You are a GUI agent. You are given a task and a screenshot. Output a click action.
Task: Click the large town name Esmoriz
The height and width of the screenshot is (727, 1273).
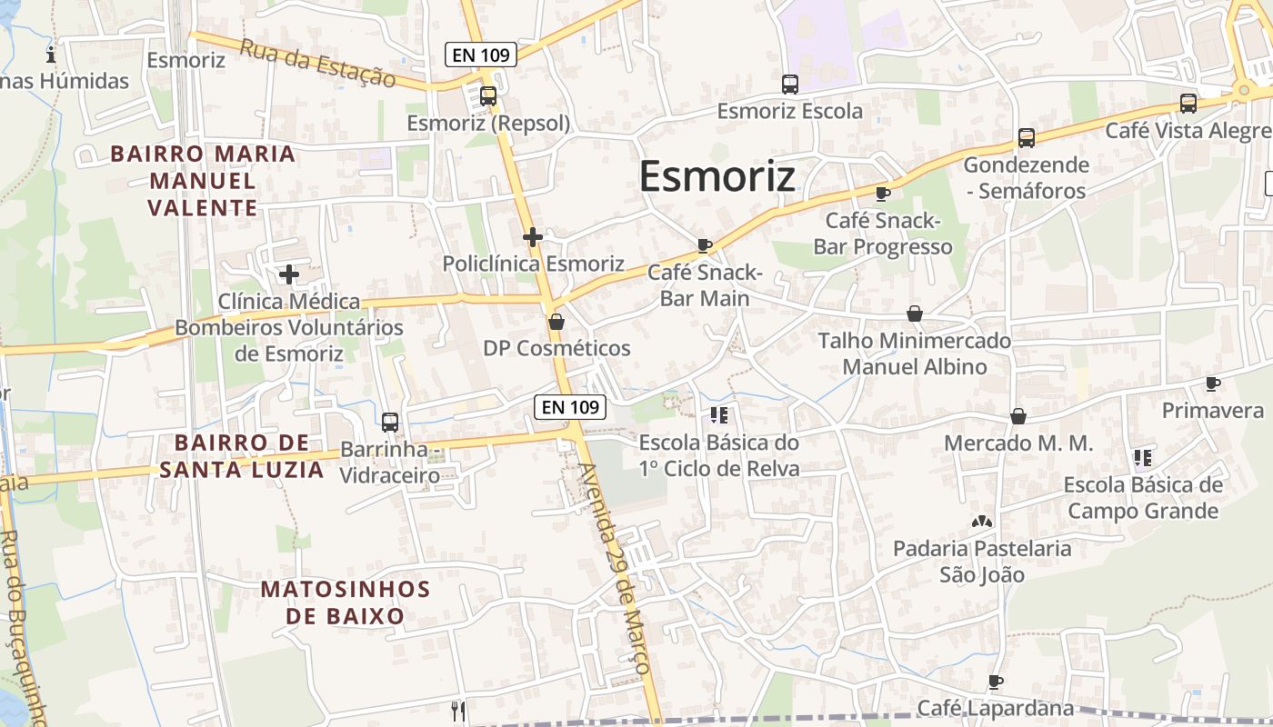point(717,176)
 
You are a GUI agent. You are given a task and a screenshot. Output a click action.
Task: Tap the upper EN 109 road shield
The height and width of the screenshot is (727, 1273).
point(481,55)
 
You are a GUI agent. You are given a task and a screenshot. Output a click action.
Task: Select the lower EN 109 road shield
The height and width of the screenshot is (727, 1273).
point(570,407)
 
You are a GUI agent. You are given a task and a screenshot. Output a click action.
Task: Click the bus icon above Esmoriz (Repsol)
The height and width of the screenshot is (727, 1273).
point(488,95)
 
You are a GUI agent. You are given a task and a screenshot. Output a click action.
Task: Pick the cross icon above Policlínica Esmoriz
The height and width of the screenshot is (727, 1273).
point(533,237)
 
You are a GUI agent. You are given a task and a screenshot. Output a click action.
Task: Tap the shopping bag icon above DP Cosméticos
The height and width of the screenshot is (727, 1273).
point(556,322)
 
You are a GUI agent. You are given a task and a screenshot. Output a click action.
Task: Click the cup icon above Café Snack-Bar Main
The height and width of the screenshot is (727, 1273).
point(704,245)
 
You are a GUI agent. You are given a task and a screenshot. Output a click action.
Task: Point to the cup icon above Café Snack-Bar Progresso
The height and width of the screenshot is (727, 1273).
point(882,194)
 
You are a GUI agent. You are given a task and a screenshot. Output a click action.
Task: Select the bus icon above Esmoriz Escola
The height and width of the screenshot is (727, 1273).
point(790,85)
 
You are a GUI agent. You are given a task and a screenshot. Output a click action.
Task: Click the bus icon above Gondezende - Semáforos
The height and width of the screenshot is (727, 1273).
point(1027,138)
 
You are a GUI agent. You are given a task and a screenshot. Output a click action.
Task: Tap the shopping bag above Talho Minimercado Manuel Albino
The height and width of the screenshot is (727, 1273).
point(915,314)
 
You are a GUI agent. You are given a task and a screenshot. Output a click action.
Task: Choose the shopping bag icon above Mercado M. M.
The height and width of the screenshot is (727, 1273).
point(1018,416)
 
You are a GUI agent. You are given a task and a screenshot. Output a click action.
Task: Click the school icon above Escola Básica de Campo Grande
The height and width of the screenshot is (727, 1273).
point(1143,457)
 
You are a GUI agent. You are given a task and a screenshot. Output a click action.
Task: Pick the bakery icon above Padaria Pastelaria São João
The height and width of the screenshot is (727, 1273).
point(980,523)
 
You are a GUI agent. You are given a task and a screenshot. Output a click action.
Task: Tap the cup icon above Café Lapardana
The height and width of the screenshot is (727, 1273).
point(996,682)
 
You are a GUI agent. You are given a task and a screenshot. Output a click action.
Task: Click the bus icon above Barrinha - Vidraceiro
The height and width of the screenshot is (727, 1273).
point(390,423)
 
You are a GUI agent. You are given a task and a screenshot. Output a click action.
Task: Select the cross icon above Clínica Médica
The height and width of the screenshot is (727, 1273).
point(289,274)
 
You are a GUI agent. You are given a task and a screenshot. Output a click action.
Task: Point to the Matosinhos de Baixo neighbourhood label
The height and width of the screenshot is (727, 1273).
point(346,602)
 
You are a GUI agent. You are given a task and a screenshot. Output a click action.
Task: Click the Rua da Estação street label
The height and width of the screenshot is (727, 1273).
point(318,64)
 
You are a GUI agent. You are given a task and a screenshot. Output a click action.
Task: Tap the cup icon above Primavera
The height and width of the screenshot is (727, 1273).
point(1213,383)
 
